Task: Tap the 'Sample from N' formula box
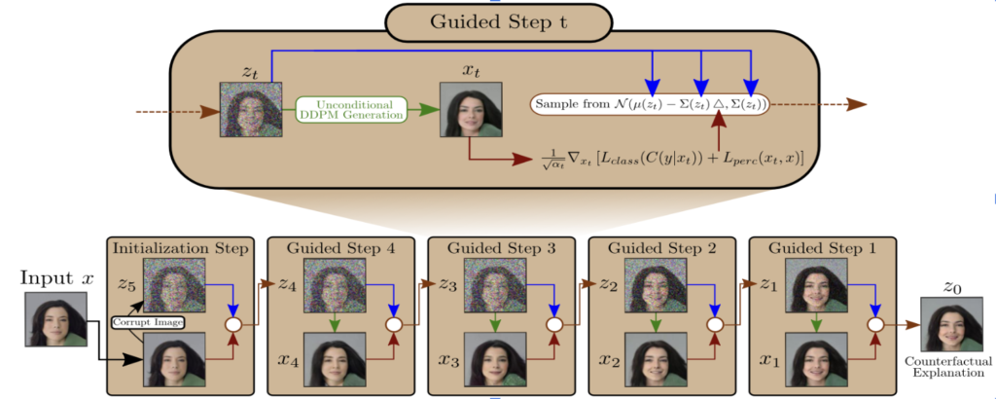(x=650, y=103)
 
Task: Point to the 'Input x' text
(x=57, y=278)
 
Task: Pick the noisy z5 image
(x=175, y=284)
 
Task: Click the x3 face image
(x=495, y=361)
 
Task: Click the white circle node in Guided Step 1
(x=873, y=324)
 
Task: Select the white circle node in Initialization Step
(x=233, y=324)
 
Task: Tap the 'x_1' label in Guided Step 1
(x=769, y=361)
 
